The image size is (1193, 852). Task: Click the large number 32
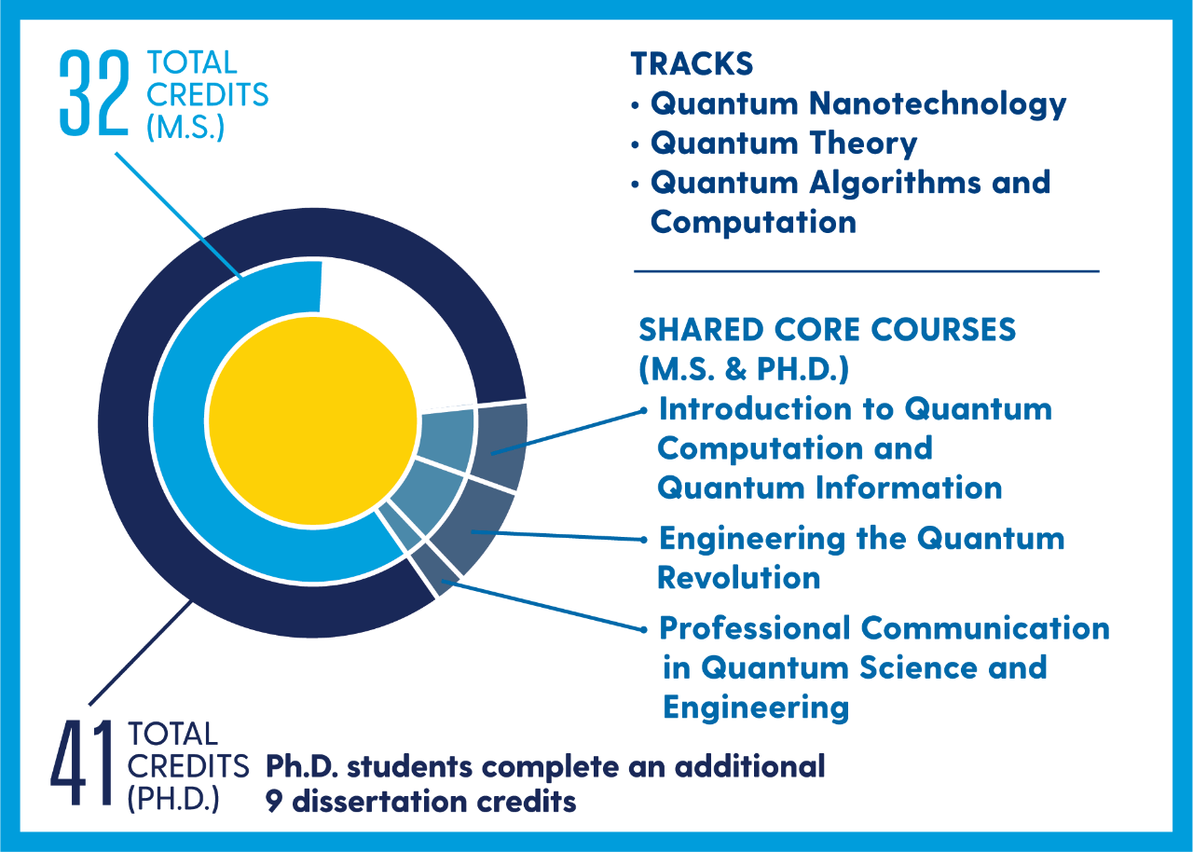click(x=94, y=92)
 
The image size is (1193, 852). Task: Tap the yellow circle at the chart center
click(x=312, y=420)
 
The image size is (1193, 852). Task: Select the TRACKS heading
click(x=692, y=64)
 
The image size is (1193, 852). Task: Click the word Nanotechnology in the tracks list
click(x=938, y=104)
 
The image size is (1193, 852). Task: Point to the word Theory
click(x=863, y=144)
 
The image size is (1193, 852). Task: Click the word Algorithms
click(x=896, y=184)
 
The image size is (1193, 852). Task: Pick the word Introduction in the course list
click(x=756, y=409)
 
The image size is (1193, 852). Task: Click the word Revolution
click(x=739, y=578)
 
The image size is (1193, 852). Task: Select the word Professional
click(x=755, y=628)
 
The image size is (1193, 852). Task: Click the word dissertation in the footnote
click(x=379, y=802)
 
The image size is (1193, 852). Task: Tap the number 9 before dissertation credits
click(x=274, y=803)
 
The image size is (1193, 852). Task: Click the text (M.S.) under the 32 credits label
click(x=185, y=128)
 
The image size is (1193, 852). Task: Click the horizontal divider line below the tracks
click(x=867, y=271)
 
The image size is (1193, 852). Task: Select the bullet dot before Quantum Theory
click(x=635, y=144)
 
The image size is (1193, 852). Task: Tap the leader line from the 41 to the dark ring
click(x=140, y=653)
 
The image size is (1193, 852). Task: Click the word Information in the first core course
click(x=911, y=488)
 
